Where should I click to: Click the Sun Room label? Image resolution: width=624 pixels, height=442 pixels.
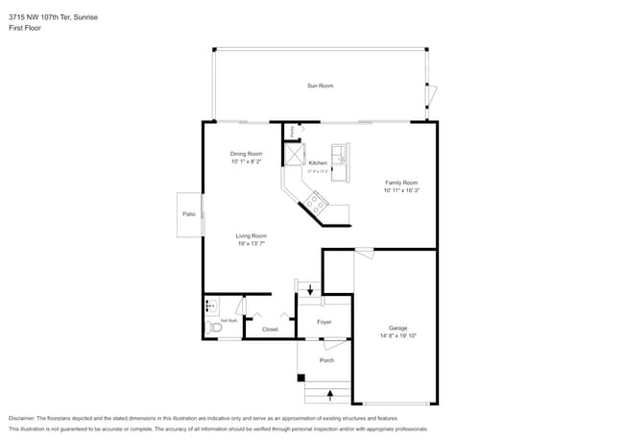[x=320, y=86]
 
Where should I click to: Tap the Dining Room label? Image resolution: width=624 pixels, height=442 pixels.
[x=246, y=154]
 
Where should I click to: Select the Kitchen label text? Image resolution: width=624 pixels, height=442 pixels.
[x=318, y=162]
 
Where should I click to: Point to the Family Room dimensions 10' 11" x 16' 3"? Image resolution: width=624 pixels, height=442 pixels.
[x=401, y=190]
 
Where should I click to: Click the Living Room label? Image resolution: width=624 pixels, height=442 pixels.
[x=251, y=235]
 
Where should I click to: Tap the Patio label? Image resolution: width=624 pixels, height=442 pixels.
[x=188, y=213]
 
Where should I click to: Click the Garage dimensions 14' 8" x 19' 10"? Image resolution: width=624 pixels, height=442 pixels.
[x=397, y=335]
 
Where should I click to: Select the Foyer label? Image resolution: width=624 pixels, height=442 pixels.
[x=324, y=321]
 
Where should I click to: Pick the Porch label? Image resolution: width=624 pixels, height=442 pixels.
[x=326, y=360]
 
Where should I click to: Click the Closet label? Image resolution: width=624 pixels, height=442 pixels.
[x=270, y=329]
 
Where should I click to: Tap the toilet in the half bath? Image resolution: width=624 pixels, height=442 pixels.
[x=215, y=328]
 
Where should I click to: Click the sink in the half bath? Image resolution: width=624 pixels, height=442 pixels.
[x=210, y=307]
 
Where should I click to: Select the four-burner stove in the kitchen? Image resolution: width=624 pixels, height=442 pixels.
[x=316, y=201]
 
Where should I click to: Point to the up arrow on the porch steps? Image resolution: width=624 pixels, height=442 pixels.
[x=330, y=393]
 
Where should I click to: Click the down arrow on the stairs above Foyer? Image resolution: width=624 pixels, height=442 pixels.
[x=309, y=289]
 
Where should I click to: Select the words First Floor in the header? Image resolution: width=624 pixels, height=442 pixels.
[x=25, y=28]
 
